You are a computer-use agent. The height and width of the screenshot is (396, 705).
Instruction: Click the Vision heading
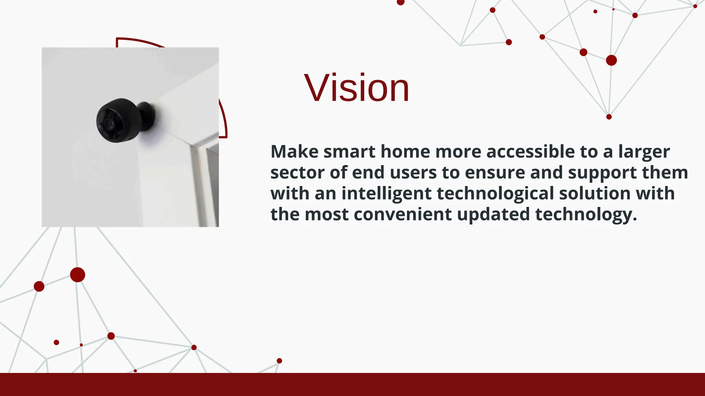(x=357, y=88)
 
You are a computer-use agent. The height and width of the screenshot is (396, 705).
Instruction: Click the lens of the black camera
(x=109, y=123)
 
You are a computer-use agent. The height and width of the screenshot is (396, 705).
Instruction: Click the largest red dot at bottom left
(x=77, y=275)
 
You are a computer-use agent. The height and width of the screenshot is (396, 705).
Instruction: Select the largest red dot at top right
(x=611, y=60)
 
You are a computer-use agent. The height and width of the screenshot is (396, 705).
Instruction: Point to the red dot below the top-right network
(x=609, y=117)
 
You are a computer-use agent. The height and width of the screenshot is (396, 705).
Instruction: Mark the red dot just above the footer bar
(x=279, y=361)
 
